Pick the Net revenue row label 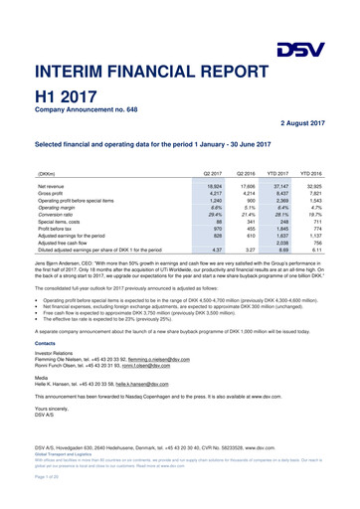[x=52, y=186]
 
